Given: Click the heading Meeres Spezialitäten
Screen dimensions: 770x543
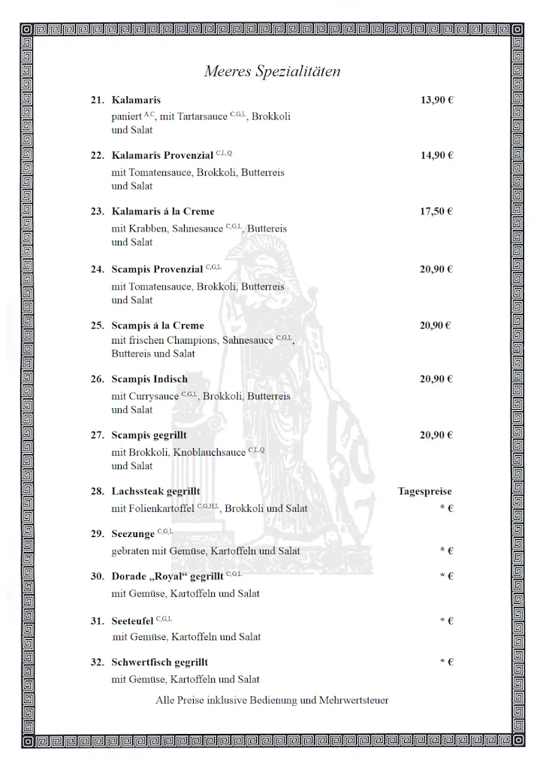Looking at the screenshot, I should click(272, 72).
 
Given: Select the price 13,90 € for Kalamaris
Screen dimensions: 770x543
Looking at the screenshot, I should click(436, 100).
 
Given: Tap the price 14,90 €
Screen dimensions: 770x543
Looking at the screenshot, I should click(436, 156).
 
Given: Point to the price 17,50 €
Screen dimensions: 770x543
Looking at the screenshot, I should click(436, 211).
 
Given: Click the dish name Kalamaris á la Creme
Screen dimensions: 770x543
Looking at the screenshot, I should click(163, 211).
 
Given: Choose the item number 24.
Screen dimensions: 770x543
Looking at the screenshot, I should click(98, 269).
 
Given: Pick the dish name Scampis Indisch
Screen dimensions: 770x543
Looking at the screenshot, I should click(149, 379).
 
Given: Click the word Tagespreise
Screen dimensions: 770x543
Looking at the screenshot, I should click(425, 492).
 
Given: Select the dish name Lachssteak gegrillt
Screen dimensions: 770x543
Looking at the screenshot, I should click(156, 492).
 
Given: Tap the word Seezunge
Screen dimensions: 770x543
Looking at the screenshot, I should click(133, 534).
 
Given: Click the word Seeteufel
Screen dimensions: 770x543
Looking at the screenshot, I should click(133, 620).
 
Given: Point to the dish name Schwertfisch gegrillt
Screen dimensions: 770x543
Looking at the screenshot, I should click(160, 662).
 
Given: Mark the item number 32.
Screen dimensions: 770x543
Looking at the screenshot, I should click(98, 662).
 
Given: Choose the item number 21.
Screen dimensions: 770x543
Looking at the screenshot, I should click(98, 100).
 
